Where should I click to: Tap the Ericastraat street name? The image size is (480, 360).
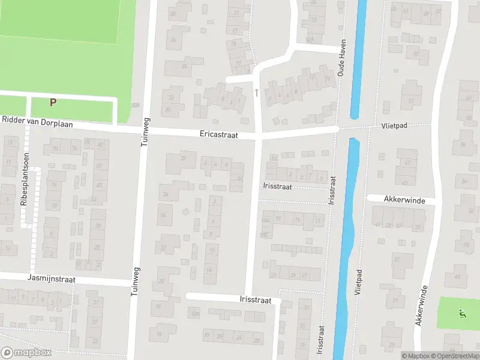pyautogui.click(x=219, y=136)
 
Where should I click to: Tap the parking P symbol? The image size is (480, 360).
pyautogui.click(x=53, y=102)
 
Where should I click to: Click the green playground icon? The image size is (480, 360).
pyautogui.click(x=461, y=313)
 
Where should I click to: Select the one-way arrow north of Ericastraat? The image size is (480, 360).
pyautogui.click(x=257, y=92)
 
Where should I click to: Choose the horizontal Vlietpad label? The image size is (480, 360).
pyautogui.click(x=394, y=127)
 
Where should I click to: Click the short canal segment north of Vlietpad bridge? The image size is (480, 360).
pyautogui.click(x=355, y=60)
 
